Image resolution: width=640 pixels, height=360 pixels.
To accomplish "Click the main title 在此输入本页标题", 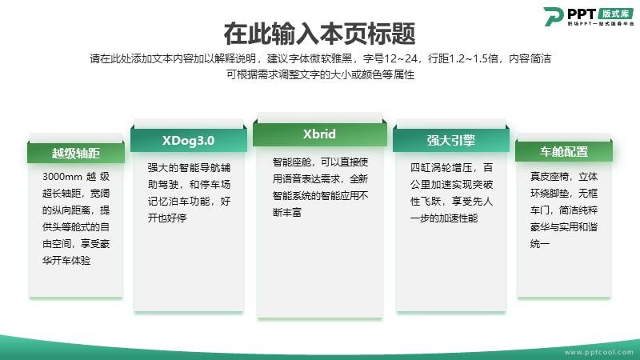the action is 319,34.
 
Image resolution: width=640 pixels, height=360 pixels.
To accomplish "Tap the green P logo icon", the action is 553,16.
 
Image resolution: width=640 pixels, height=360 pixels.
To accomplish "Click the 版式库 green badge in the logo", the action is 615,13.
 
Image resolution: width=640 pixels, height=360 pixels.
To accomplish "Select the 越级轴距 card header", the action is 76,153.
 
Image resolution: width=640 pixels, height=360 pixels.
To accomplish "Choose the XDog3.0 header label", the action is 188,141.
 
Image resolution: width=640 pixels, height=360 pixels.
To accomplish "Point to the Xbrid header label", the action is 319,134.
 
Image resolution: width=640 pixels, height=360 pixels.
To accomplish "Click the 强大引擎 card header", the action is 451,141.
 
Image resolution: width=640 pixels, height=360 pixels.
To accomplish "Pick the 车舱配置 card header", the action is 564,152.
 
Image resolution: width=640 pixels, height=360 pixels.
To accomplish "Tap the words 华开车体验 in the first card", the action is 66,261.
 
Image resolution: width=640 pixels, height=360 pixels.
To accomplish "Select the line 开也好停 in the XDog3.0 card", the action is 167,218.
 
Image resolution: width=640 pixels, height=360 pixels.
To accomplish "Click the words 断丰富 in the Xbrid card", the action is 287,212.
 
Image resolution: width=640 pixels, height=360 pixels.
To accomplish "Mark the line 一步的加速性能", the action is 444,218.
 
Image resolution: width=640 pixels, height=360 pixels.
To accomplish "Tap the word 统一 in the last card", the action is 539,244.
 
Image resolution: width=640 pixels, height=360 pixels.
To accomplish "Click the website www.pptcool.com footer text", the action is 598,352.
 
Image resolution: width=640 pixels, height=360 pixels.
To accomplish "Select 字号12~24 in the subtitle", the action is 390,58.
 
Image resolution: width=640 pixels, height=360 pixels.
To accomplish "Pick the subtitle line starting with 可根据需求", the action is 321,74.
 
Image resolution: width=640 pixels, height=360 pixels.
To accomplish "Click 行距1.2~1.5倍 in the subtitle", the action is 463,58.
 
